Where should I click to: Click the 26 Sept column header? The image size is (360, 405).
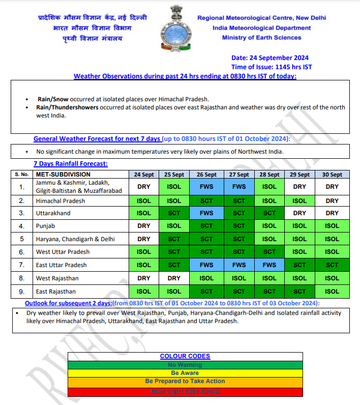coord(206,174)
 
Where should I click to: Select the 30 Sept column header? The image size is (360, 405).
coord(332,174)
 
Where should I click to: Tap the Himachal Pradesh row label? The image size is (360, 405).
coord(61,201)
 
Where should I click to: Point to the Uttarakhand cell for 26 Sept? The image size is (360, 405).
coord(206,213)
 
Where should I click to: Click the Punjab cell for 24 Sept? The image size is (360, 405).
coord(144,225)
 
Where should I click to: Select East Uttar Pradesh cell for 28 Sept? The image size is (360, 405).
coord(269,265)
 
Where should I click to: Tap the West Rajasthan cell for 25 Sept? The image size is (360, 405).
coord(174,278)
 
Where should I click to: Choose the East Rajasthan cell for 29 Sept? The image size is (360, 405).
coord(300,292)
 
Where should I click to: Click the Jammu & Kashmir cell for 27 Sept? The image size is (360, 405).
coord(238,187)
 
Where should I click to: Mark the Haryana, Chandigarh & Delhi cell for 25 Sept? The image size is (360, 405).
coord(174,239)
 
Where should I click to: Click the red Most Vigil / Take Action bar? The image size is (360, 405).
coord(185,392)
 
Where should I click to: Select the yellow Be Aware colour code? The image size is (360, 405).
coord(185,373)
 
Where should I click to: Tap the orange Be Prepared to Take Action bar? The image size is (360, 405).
coord(185,381)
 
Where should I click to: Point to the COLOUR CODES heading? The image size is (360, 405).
coord(185,356)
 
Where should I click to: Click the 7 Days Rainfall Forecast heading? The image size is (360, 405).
coord(71,164)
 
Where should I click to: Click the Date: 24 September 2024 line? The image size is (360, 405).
coord(269,58)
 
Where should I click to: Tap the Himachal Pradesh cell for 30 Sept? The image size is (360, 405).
coord(332,201)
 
